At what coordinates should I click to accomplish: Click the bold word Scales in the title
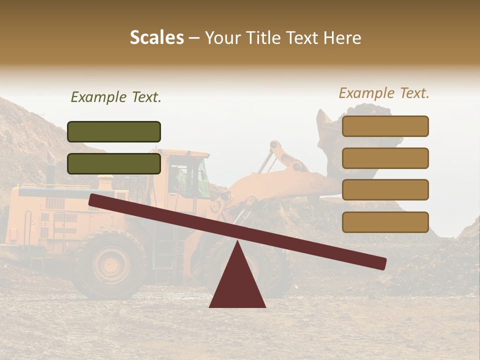click(156, 37)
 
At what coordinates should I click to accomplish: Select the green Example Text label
click(116, 97)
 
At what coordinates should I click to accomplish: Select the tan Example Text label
click(384, 93)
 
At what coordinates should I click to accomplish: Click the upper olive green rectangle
click(114, 131)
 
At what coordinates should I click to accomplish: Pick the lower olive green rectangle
click(114, 163)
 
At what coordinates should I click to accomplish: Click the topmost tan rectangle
click(385, 126)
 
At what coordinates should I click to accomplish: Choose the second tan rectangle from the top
click(385, 158)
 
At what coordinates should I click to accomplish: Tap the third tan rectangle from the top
click(385, 190)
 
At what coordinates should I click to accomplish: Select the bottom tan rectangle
click(385, 222)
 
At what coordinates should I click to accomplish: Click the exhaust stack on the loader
click(50, 170)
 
